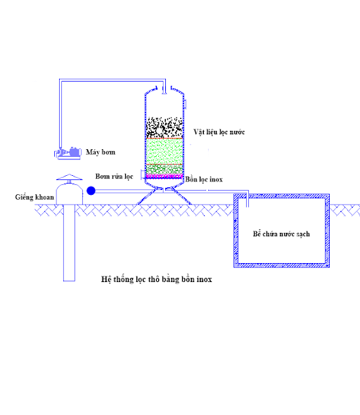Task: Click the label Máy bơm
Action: coord(101,152)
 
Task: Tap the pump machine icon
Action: coord(67,153)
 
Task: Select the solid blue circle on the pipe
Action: coord(91,191)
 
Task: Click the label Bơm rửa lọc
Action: coord(115,177)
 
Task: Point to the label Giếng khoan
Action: coord(34,197)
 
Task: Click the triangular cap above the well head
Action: coord(70,177)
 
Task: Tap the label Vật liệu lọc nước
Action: coord(219,132)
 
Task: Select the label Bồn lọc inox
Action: coord(204,179)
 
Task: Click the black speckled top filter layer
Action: coord(165,127)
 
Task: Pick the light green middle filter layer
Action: coord(165,151)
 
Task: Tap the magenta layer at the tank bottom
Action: coord(165,177)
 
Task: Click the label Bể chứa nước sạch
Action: coord(281,234)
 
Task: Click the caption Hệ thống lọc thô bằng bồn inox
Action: coord(157,279)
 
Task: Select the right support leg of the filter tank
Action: coord(181,196)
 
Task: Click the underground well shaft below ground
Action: coord(69,243)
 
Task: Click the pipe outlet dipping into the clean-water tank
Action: coord(247,200)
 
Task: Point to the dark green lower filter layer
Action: coord(165,169)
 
